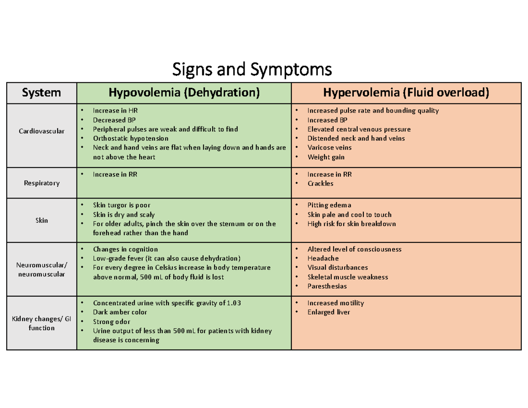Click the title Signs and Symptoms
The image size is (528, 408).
point(252,70)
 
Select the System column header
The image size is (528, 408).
point(42,93)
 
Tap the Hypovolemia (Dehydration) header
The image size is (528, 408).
point(184,93)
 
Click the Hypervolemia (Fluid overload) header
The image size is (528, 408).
point(406,93)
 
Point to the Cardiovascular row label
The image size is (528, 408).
point(42,131)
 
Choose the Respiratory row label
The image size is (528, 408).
point(42,183)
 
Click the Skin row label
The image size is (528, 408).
point(42,220)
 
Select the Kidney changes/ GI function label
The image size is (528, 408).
point(42,323)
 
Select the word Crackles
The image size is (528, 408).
point(320,184)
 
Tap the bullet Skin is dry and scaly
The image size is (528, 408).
point(124,215)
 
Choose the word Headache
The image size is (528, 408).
point(323,258)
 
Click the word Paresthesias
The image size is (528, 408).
point(327,286)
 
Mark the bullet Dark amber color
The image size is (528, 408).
point(120,312)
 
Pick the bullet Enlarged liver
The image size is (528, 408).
point(328,312)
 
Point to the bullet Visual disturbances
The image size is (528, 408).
point(337,268)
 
